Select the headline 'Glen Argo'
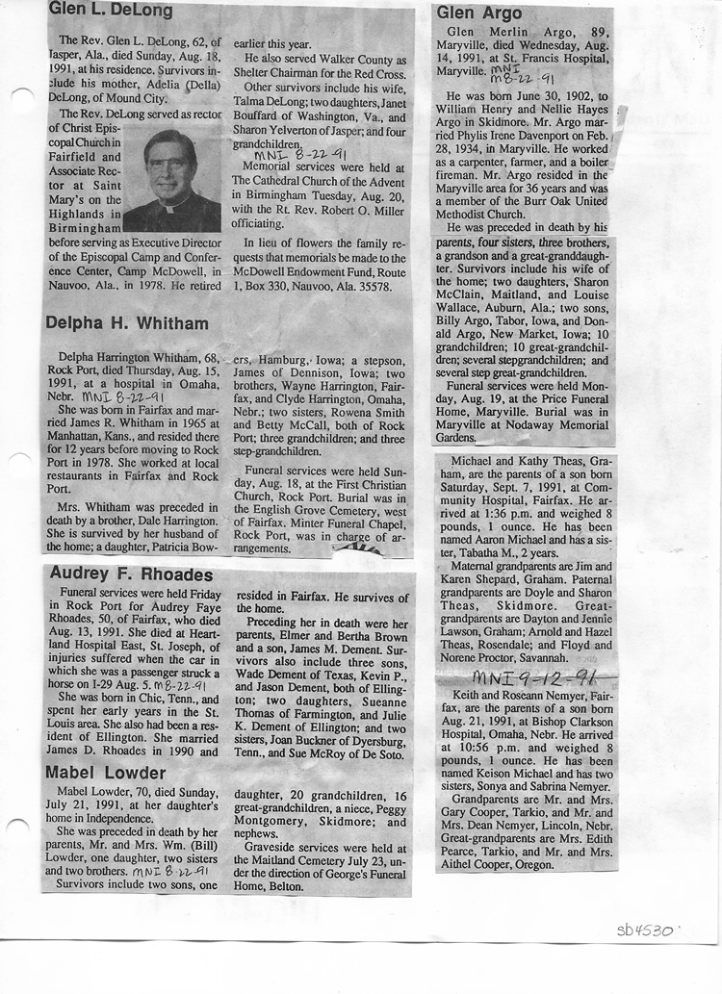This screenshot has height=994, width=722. click(478, 13)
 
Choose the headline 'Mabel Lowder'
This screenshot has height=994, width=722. click(106, 773)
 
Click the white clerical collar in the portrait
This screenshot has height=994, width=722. click(170, 204)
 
